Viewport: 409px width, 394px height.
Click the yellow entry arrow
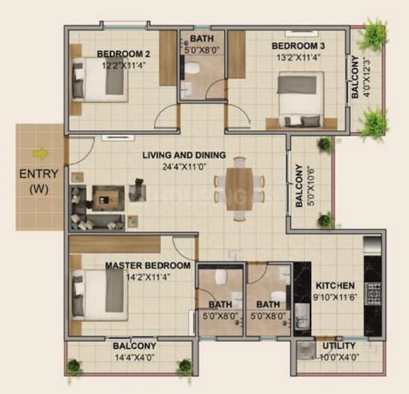pos(42,154)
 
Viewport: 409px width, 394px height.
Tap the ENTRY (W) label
pos(40,180)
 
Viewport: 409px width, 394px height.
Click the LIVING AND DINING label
pos(184,155)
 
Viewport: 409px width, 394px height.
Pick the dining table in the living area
pos(239,188)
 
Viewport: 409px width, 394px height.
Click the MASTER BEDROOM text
pos(148,265)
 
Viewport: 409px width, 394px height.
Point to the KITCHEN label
pos(335,285)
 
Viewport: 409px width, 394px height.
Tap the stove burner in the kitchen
pos(373,293)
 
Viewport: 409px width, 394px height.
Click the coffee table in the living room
pos(107,198)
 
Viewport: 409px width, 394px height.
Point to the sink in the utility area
pos(307,350)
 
